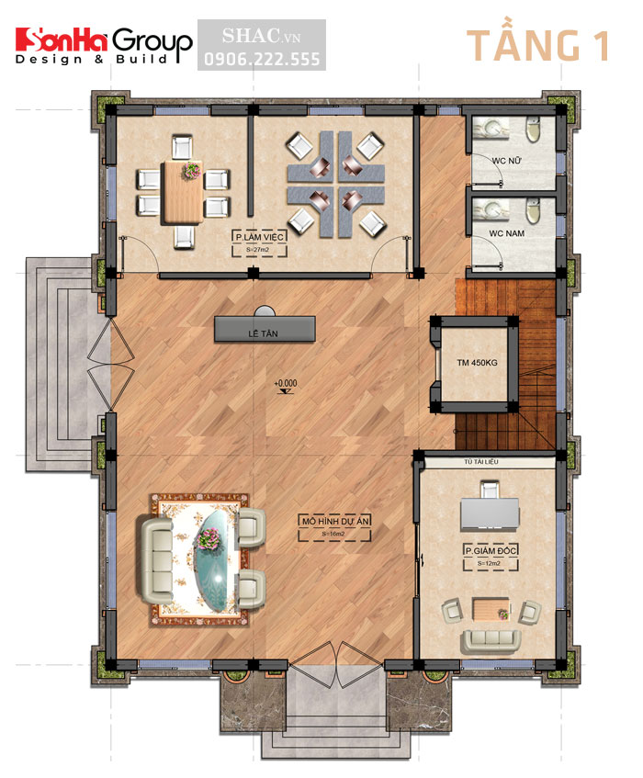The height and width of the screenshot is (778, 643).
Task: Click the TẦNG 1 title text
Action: click(537, 46)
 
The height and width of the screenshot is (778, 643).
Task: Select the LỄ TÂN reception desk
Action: click(265, 326)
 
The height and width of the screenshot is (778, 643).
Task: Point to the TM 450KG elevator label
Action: click(477, 362)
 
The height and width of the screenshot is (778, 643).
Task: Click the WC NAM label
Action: click(496, 234)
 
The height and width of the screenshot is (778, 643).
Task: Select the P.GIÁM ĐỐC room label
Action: click(487, 549)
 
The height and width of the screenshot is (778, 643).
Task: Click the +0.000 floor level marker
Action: click(286, 382)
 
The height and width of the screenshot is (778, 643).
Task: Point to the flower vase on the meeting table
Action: click(192, 170)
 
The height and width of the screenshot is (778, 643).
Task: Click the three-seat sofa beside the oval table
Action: click(156, 550)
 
